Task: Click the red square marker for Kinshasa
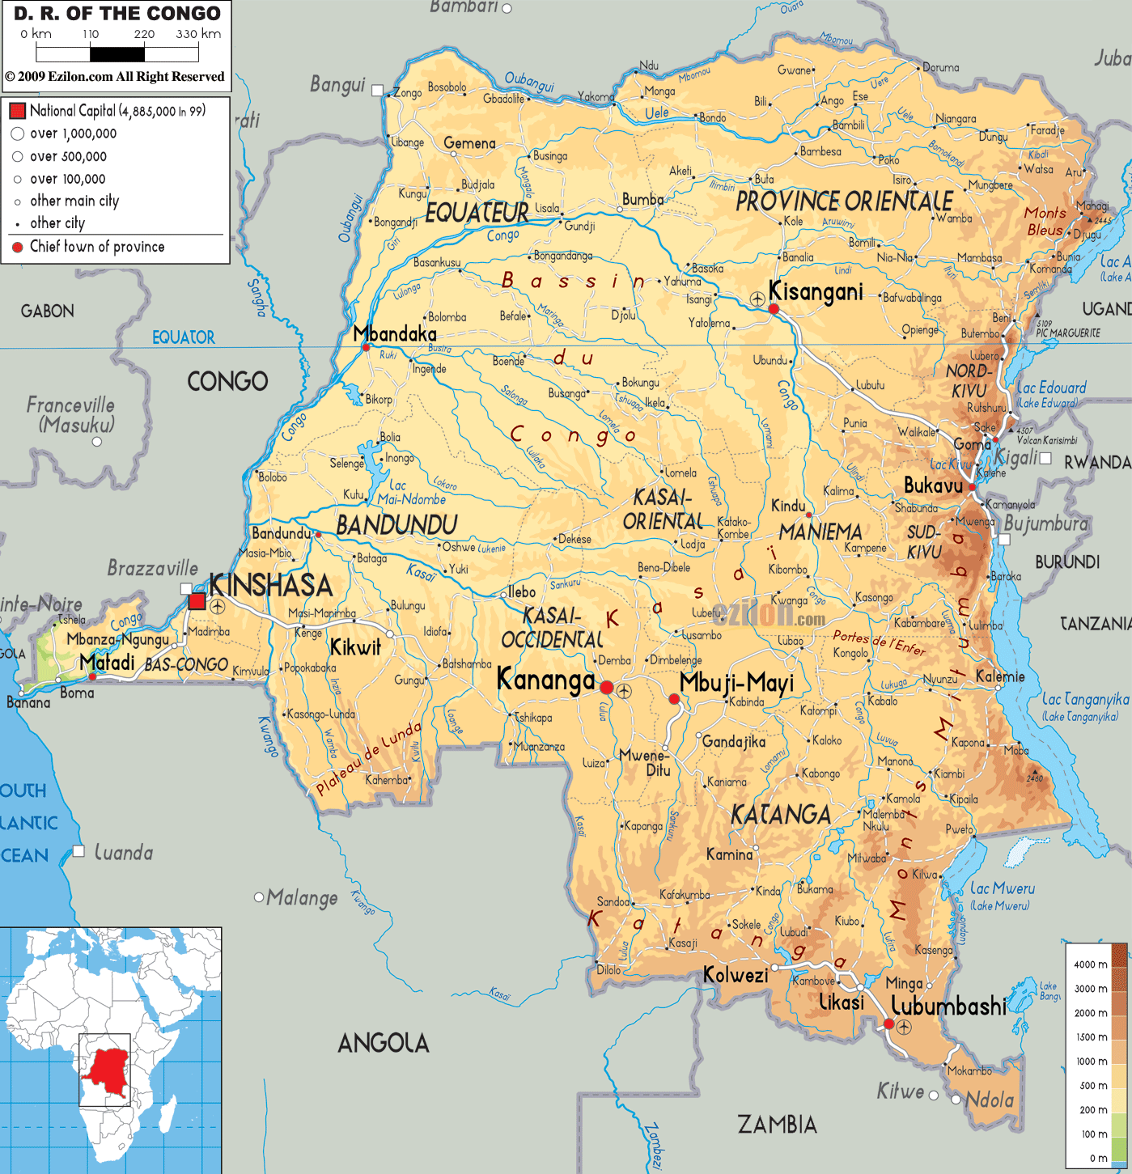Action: click(197, 600)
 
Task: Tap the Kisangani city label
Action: click(816, 291)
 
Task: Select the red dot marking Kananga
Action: click(607, 687)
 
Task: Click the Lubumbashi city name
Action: click(948, 1006)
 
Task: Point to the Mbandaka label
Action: click(395, 333)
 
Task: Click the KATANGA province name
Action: click(781, 815)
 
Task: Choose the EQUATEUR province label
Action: click(477, 213)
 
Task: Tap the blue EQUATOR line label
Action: click(184, 337)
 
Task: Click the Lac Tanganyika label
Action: click(1084, 700)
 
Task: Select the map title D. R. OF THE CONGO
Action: click(117, 14)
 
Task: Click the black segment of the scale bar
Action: click(117, 54)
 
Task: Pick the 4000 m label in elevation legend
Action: click(1090, 964)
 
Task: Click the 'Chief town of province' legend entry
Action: click(97, 247)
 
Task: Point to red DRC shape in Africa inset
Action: click(108, 1066)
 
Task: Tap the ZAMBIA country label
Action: click(777, 1124)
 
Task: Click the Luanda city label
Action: click(123, 852)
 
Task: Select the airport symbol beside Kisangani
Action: click(757, 299)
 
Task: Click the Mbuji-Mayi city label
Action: click(736, 684)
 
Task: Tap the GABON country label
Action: click(48, 311)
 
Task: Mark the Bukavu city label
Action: click(933, 485)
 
